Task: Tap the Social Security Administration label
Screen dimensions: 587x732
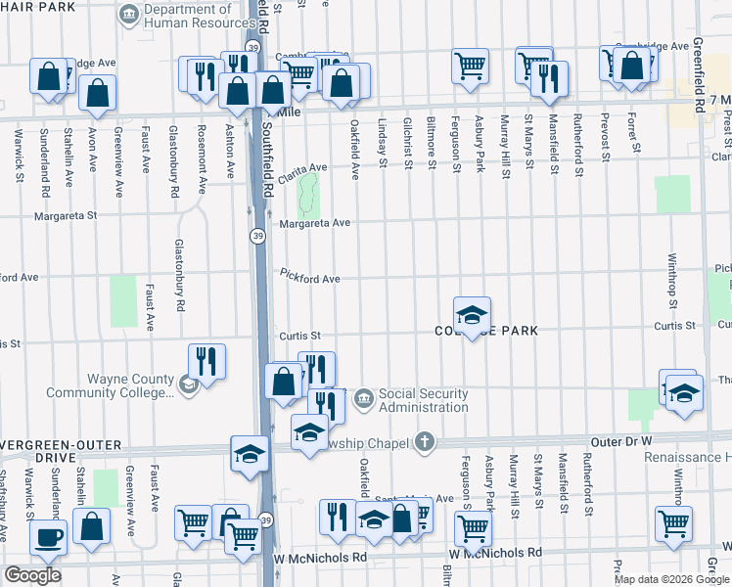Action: coord(423,400)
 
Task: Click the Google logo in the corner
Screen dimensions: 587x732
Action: coord(32,575)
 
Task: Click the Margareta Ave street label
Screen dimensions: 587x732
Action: coord(314,223)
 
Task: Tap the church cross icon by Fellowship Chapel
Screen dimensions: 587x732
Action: coord(424,441)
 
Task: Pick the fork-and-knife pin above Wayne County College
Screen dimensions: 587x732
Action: coord(206,361)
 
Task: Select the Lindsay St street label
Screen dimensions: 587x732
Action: coord(381,142)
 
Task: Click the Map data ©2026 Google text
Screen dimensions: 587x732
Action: coord(671,579)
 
